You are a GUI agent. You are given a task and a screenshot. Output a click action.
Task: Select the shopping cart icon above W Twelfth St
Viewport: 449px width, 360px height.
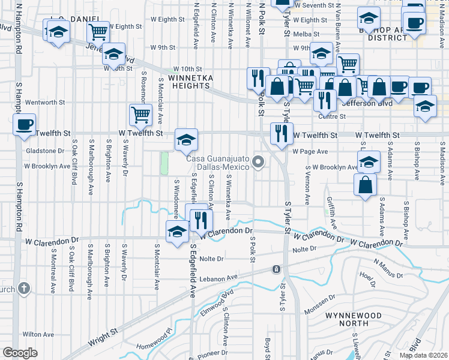pos(140,114)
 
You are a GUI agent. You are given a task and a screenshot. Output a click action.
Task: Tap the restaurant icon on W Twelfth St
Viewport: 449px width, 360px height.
pos(281,133)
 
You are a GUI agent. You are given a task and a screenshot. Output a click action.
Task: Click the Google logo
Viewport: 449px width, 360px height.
pos(20,352)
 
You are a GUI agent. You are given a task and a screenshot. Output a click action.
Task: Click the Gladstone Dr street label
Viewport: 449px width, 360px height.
pos(44,151)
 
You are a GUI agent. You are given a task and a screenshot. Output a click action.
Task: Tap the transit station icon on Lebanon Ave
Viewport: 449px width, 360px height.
pos(276,269)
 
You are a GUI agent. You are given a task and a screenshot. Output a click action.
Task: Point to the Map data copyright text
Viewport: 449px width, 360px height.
pos(423,355)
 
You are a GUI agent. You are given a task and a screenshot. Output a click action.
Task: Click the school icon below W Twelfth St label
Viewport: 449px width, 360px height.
pos(186,140)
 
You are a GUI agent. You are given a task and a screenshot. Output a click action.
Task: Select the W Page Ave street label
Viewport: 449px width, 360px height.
pos(310,152)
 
